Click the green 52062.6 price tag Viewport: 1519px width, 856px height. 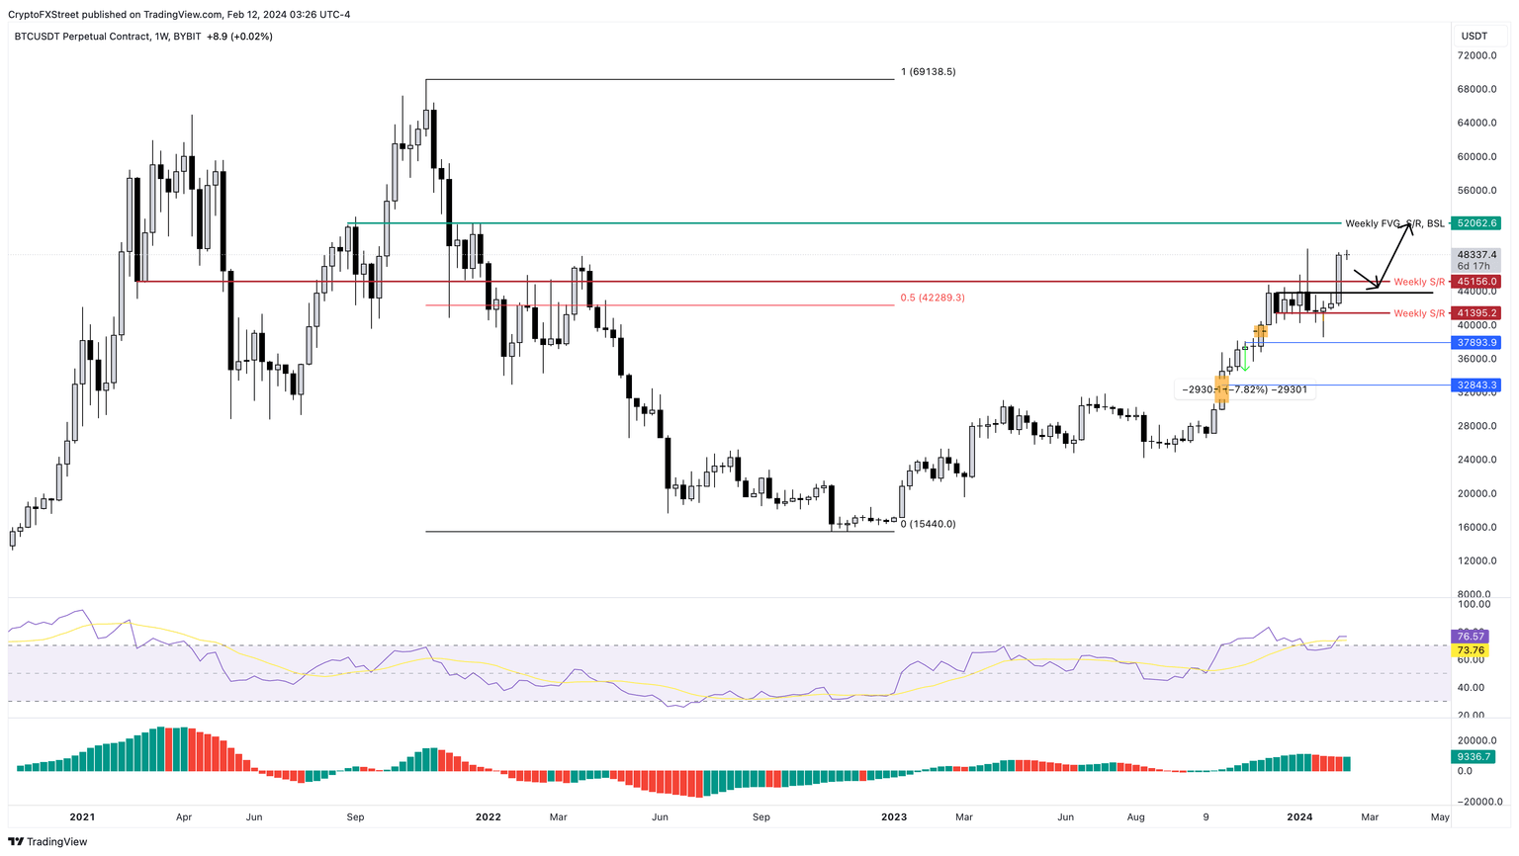pos(1477,223)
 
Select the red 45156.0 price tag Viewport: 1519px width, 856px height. pos(1477,282)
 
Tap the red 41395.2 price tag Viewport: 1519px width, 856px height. pos(1477,313)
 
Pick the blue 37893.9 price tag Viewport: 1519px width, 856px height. pos(1477,343)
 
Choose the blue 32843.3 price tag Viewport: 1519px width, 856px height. pos(1477,385)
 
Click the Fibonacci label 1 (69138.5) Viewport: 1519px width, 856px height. pos(928,72)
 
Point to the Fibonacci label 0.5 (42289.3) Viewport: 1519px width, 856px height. pos(932,298)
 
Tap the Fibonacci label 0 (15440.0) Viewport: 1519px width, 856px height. pos(928,524)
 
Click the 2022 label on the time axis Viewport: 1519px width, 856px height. pos(488,817)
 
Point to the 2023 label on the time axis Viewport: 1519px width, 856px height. pos(893,817)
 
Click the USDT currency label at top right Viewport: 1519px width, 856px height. pos(1475,37)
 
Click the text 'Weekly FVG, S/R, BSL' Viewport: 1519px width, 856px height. pos(1394,223)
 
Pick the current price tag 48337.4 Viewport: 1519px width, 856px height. pos(1477,255)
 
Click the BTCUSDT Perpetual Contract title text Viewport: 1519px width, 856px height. pos(82,37)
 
